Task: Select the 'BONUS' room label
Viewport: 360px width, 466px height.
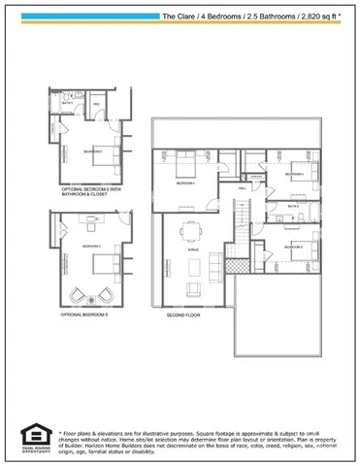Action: coord(191,250)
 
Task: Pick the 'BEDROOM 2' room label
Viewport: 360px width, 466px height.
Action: coord(294,249)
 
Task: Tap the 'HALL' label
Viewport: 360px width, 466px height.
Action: coord(242,188)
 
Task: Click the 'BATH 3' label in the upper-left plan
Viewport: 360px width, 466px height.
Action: coord(68,102)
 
